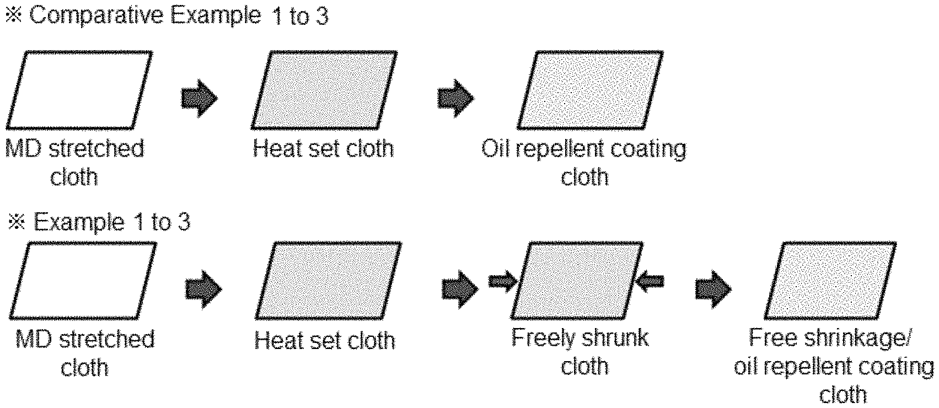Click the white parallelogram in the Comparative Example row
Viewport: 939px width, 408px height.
click(79, 90)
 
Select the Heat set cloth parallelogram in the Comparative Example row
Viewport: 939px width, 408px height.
click(324, 90)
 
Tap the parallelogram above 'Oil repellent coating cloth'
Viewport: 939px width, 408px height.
click(590, 90)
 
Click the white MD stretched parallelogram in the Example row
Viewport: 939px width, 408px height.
click(83, 281)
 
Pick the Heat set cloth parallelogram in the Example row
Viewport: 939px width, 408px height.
click(328, 281)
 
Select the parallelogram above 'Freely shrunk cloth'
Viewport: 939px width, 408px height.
click(576, 281)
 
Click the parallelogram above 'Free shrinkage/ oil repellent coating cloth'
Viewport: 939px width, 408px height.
click(830, 281)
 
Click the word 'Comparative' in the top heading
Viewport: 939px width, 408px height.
click(96, 15)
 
